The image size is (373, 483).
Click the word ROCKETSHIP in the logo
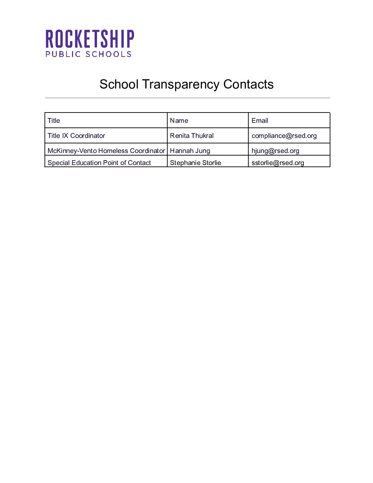coord(90,39)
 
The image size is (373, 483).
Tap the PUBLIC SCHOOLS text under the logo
coord(88,54)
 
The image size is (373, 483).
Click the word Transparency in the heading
coord(181,84)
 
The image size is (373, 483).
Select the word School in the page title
coord(119,84)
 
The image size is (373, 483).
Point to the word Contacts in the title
coord(248,84)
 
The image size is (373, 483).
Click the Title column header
coord(54,121)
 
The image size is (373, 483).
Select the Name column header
coord(179,121)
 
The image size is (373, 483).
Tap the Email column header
coord(260,121)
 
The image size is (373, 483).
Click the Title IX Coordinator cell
coord(76,136)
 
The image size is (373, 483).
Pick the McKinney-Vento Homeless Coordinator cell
coord(106,151)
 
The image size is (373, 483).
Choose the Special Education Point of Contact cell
coord(99,163)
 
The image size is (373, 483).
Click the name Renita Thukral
coord(192,136)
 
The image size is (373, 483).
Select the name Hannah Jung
coord(190,151)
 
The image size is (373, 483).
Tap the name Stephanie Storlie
coord(195,163)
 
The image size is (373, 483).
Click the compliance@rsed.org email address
coord(284,136)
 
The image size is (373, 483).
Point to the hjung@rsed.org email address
coord(275,151)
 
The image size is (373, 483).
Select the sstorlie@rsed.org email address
coord(278,163)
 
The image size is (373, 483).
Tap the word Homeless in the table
coord(113,151)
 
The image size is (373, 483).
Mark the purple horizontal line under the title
coord(187,98)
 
